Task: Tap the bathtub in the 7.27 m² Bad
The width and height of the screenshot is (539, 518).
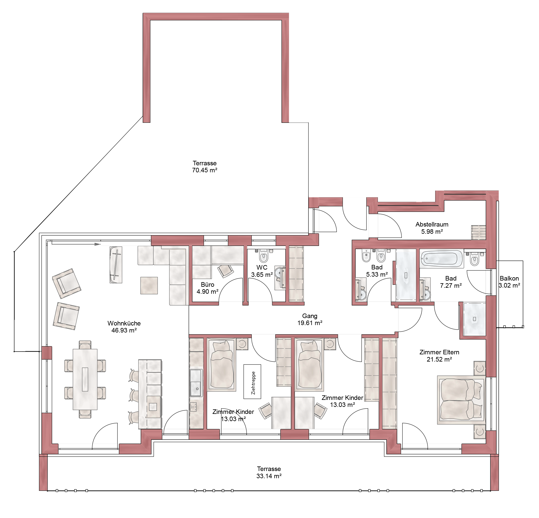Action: [x=442, y=259]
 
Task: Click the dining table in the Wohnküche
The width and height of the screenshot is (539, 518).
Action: [x=85, y=379]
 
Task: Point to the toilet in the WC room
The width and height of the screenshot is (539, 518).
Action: [x=264, y=256]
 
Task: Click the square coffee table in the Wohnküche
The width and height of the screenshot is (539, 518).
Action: [x=149, y=285]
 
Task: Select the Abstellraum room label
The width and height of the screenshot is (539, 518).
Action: [x=432, y=224]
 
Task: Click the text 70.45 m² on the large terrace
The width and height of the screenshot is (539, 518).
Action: [x=205, y=170]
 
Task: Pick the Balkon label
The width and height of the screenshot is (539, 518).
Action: [x=509, y=278]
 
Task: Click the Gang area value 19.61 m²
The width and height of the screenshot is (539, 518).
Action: [x=310, y=323]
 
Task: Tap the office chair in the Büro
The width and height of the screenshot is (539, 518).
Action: [x=225, y=271]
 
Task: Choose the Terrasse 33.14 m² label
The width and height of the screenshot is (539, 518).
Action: [x=269, y=472]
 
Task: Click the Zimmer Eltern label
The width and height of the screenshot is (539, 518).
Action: [x=439, y=352]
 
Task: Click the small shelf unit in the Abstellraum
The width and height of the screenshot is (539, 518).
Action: [x=478, y=233]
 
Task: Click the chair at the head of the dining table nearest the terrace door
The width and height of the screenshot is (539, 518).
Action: [x=85, y=414]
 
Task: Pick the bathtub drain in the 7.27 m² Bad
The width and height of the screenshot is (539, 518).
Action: [x=427, y=258]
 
